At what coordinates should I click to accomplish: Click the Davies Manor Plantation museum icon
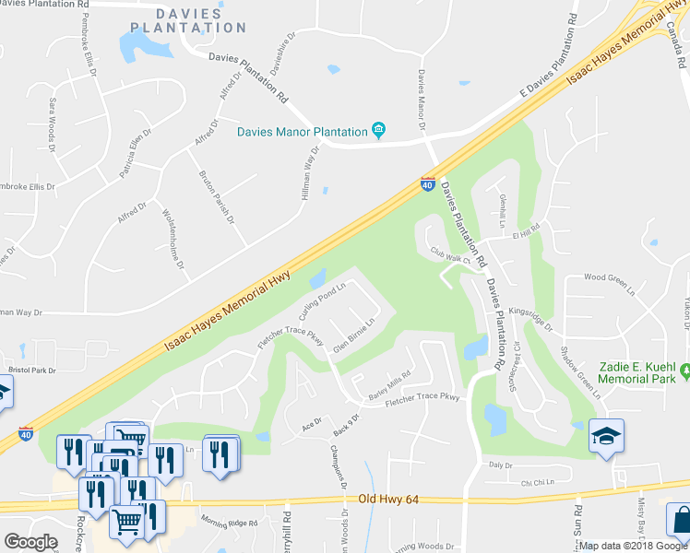(x=378, y=131)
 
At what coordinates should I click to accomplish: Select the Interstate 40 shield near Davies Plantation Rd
(x=428, y=184)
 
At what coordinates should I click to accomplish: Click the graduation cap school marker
(x=606, y=435)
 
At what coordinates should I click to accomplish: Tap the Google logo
(x=30, y=541)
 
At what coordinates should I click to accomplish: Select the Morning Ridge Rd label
(x=231, y=524)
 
